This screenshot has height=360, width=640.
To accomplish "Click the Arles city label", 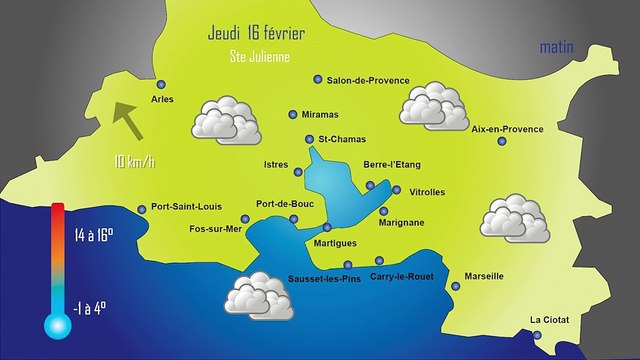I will click(161, 100).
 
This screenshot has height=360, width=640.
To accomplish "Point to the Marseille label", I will click(484, 276).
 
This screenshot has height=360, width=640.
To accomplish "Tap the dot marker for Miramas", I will click(292, 114).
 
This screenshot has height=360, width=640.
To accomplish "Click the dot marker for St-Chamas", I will click(309, 139).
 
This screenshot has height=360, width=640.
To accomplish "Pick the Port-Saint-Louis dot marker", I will click(142, 208).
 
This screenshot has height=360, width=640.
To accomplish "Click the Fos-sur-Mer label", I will click(215, 229).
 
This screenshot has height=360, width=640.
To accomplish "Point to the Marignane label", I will click(402, 222).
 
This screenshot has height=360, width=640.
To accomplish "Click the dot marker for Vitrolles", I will click(397, 190).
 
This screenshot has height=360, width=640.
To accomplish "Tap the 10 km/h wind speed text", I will click(134, 161).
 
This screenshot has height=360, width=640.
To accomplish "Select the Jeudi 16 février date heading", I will click(257, 33).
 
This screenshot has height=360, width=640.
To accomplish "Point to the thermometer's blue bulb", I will click(56, 323).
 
